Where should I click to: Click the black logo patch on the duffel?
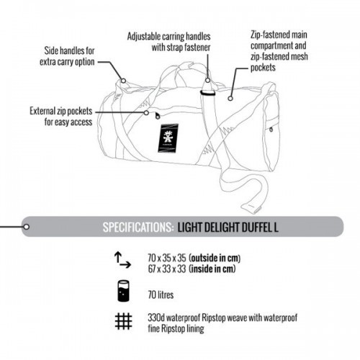coord(168,138)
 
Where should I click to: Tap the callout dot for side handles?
coord(123,81)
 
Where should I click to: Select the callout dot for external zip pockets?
coord(146,112)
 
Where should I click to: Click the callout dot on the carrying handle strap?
coord(208,80)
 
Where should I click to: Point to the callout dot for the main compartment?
coord(230,98)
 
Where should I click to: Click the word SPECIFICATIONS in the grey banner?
coord(138,227)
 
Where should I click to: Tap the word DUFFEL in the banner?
coord(257,227)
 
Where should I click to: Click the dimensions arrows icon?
coord(122,260)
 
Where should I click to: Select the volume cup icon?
coord(123,291)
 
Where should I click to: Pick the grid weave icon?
coord(123,321)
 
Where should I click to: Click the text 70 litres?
coord(161,294)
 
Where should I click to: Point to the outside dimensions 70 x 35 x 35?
coord(167,258)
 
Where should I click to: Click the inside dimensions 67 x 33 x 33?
coord(167,269)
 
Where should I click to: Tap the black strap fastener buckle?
coord(208,93)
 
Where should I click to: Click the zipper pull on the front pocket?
coord(158,116)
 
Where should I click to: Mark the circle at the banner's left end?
coord(27,227)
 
